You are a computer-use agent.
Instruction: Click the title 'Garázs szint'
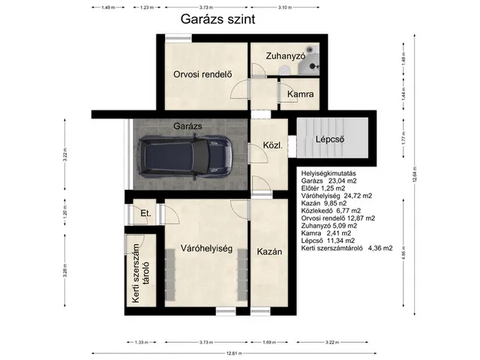pyautogui.click(x=217, y=20)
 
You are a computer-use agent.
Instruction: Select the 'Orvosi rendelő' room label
pyautogui.click(x=200, y=73)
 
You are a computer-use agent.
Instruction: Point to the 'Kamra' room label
pyautogui.click(x=299, y=94)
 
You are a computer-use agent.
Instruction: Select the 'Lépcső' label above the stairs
pyautogui.click(x=329, y=138)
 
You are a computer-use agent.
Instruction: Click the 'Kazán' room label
pyautogui.click(x=268, y=252)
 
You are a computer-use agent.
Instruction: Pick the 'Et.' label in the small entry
pyautogui.click(x=145, y=214)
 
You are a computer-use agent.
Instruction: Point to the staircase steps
pyautogui.click(x=330, y=139)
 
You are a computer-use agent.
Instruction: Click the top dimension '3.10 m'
pyautogui.click(x=284, y=7)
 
